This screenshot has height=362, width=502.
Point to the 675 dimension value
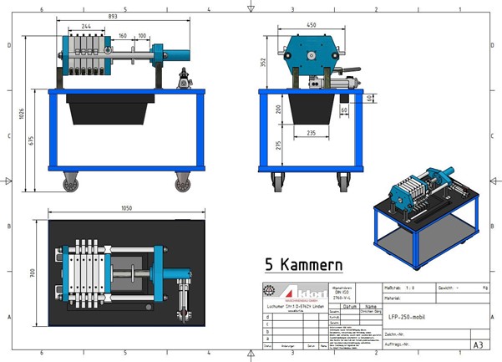[33, 140]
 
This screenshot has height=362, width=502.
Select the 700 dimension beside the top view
[33, 272]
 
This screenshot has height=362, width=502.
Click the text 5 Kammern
[304, 266]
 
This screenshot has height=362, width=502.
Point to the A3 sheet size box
[478, 344]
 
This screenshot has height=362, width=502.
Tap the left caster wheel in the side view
[69, 182]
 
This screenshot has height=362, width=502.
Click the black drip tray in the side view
[108, 110]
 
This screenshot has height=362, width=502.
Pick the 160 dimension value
[123, 36]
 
